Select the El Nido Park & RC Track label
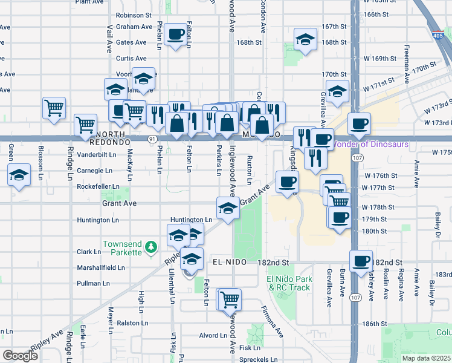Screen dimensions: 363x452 (289, 283)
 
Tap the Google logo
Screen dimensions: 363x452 (20, 356)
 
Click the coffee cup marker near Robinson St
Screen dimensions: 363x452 (176, 34)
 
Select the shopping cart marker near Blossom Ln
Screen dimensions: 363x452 (54, 108)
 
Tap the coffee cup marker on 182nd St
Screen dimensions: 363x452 (361, 261)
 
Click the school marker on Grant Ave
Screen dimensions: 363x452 (228, 208)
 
